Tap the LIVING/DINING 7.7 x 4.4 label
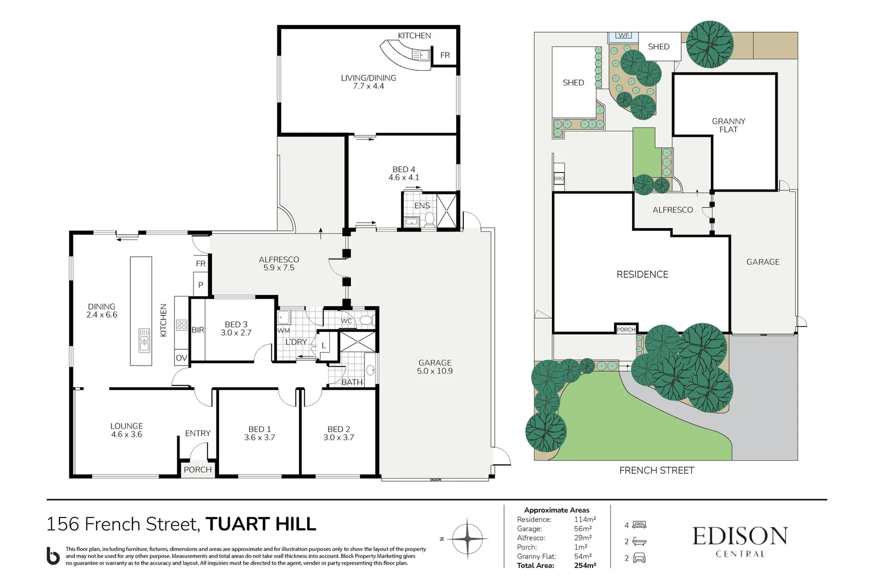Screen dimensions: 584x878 [x=368, y=82]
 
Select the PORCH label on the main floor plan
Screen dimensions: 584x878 [x=197, y=469]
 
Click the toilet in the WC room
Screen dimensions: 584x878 [x=366, y=320]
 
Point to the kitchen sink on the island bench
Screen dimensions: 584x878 [x=144, y=340]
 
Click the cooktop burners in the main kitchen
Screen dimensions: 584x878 [x=182, y=326]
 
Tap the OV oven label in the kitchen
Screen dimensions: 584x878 [x=181, y=358]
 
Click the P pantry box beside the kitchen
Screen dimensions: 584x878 [x=201, y=284]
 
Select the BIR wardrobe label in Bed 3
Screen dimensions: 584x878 [x=198, y=330]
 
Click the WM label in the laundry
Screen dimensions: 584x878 [x=284, y=330]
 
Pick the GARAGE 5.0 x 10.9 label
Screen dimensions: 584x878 [x=435, y=367]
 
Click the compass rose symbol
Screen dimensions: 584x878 [x=467, y=539]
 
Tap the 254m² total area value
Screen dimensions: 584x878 [x=585, y=566]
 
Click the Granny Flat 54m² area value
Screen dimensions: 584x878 [x=583, y=556]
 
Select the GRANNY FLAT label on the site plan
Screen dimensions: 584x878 [x=728, y=125]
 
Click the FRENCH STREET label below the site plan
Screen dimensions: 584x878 [x=656, y=470]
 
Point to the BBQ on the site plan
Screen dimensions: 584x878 [x=559, y=178]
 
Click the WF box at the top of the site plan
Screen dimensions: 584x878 [x=623, y=36]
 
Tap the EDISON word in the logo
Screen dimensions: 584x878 [x=740, y=536]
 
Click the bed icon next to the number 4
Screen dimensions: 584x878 [x=639, y=525]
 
